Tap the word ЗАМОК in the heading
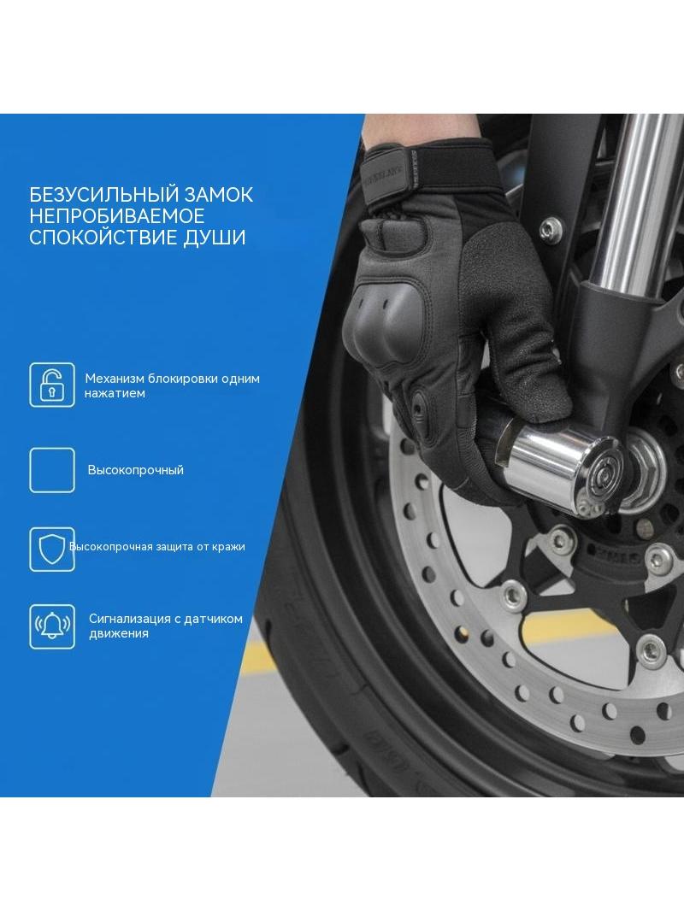pos(217,195)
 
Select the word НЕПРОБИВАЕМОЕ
pos(117,216)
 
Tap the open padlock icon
pos(52,385)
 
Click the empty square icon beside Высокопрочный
pos(52,470)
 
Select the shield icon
pos(52,550)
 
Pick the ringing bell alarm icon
pos(52,626)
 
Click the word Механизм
pos(115,379)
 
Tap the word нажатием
pos(115,393)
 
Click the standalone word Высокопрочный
pos(135,470)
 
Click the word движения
pos(119,634)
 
